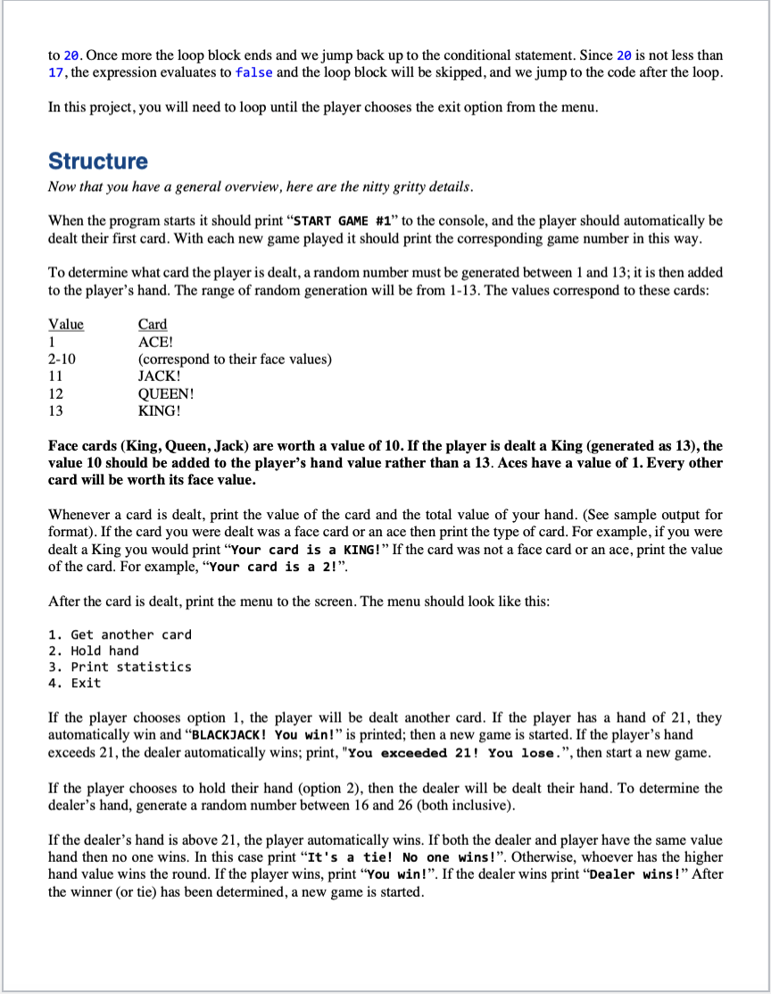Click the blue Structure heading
[x=98, y=162]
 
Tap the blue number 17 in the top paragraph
[x=55, y=72]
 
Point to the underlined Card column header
[x=153, y=325]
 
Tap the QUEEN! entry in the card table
[x=166, y=393]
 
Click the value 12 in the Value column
[x=55, y=393]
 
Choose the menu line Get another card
[x=120, y=634]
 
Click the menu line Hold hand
[x=94, y=650]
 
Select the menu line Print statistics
[x=120, y=667]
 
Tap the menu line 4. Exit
[x=75, y=683]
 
